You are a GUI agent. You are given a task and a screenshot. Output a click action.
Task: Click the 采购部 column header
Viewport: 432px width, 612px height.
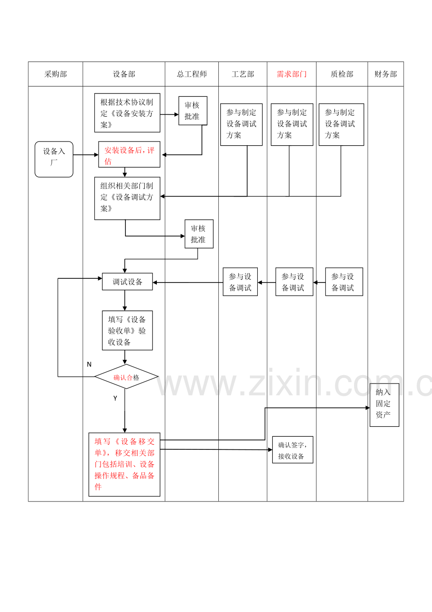pos(55,74)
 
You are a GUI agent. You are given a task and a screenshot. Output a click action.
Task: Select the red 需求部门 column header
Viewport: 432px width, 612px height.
pos(292,74)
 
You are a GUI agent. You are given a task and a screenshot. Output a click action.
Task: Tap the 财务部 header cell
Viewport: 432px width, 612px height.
pos(386,74)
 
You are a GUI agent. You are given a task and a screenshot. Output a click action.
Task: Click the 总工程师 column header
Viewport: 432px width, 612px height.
pos(192,74)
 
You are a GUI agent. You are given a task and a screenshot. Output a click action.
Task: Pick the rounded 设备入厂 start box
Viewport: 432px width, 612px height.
pos(54,159)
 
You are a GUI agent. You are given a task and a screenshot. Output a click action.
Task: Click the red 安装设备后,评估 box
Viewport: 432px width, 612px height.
pos(129,155)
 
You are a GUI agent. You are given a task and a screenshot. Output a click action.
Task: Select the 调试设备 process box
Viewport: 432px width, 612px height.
pos(127,282)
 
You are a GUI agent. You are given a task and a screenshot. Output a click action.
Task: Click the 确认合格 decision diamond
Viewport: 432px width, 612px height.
pos(126,377)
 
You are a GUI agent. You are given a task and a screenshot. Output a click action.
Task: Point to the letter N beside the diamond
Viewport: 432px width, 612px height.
pos(89,365)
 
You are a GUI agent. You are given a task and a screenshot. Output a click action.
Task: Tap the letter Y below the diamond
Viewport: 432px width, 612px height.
pos(115,399)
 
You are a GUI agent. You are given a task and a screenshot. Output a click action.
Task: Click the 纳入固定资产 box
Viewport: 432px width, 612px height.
pos(384,405)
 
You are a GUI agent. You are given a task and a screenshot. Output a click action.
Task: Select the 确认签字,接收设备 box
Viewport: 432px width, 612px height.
pos(293,450)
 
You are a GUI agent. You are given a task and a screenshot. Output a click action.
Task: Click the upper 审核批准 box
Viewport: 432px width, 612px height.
pos(193,111)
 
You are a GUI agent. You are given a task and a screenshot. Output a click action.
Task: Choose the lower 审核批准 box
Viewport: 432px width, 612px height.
pos(199,234)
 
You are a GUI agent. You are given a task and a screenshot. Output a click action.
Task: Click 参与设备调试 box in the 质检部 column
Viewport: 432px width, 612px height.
pos(344,282)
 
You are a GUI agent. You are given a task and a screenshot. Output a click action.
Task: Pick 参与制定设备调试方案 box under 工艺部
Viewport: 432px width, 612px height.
pos(241,125)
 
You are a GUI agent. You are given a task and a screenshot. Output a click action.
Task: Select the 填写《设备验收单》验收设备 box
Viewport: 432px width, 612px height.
pos(127,330)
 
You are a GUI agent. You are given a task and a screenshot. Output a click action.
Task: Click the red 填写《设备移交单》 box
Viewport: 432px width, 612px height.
pos(124,464)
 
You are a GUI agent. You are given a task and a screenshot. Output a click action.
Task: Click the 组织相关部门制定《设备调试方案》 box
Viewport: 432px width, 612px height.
pos(127,198)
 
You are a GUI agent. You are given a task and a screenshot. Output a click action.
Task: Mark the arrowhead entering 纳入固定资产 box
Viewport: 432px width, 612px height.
pos(368,408)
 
